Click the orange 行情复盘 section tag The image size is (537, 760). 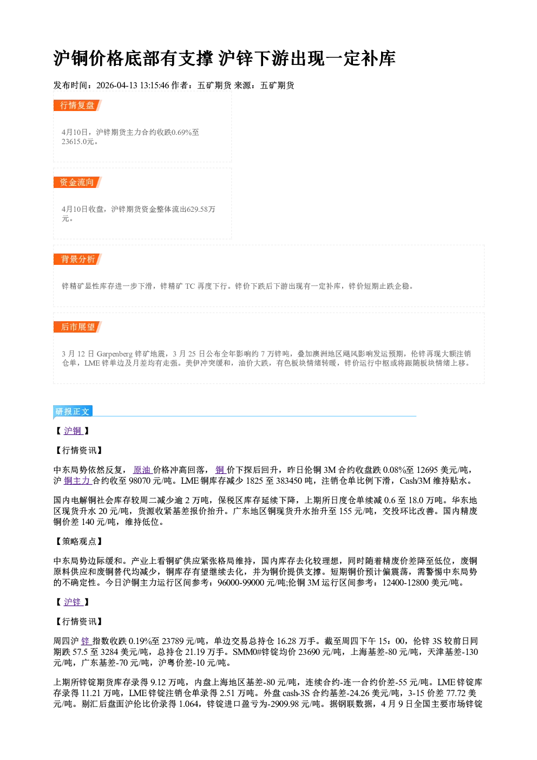(x=77, y=105)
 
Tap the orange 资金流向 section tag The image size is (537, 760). (x=77, y=182)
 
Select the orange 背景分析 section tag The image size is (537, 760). (x=77, y=259)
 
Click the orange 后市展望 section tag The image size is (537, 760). (x=77, y=327)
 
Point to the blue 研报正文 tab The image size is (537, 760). (x=73, y=411)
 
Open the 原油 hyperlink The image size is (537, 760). (x=142, y=470)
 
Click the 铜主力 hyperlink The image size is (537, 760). (x=77, y=481)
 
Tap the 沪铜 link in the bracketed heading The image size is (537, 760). (x=73, y=431)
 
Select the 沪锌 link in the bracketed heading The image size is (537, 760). (x=73, y=602)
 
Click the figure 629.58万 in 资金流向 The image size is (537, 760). (x=201, y=209)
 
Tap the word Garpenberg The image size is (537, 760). (x=114, y=354)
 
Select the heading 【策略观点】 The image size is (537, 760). (x=78, y=542)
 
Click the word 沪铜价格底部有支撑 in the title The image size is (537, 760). (x=133, y=59)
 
